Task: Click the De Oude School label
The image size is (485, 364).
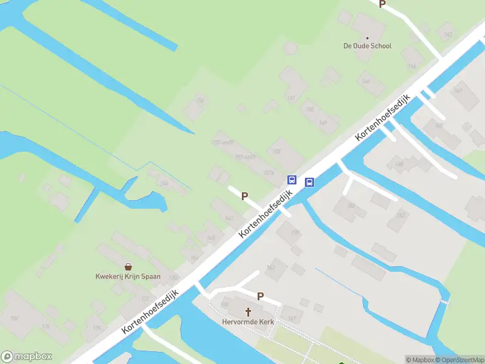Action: coord(367,46)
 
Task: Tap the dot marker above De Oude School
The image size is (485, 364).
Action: coord(367,38)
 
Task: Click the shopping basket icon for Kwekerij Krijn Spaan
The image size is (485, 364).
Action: coord(129,266)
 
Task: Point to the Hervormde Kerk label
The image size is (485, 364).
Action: coord(248,322)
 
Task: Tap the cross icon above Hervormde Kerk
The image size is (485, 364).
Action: coord(248,312)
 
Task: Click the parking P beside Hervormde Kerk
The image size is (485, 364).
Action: coord(261,297)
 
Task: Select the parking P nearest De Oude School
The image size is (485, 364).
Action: coord(382,4)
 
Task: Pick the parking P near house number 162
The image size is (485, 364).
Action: coord(245,196)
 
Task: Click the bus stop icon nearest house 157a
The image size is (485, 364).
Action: coord(292,180)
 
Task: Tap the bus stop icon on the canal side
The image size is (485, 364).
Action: coord(309,182)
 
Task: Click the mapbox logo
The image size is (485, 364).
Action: coord(27,357)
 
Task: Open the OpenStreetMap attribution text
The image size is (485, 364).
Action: coord(459,360)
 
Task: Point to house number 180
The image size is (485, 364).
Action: coord(15,318)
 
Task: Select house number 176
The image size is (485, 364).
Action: coord(96,328)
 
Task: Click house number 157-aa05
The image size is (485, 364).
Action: coord(223,143)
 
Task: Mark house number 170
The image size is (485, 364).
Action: coord(173,278)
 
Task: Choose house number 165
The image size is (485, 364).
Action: coord(211,238)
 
